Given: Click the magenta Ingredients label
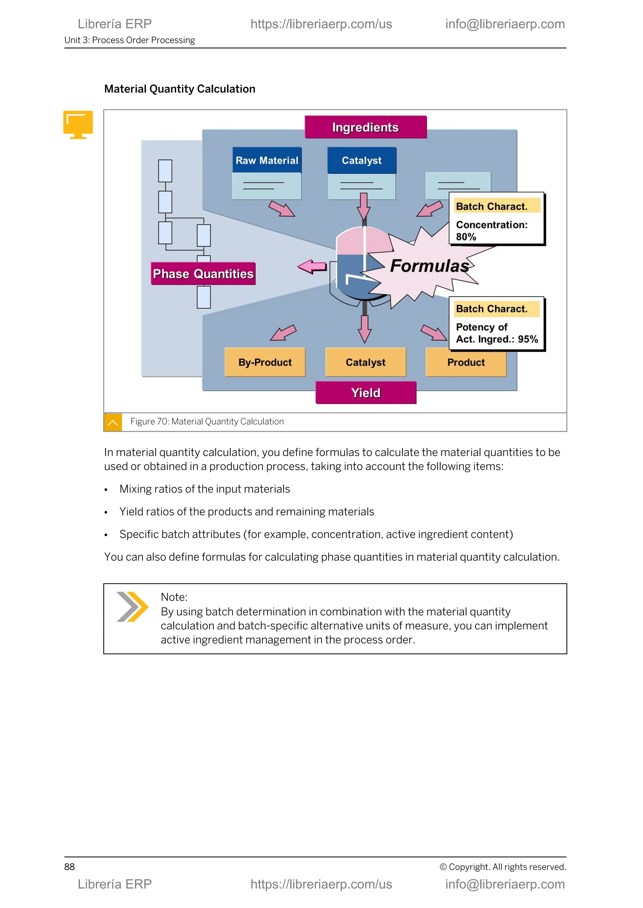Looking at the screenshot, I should coord(365,127).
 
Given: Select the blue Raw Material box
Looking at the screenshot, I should coord(267,160).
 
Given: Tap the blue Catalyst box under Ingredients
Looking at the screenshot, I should coord(361,160).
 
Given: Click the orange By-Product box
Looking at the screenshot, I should coord(265,362).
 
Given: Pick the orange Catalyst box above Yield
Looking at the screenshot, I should coord(365,362).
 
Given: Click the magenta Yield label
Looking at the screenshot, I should coord(366,393).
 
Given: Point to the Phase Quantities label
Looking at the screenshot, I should coord(203,274).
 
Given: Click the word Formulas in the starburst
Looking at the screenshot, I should coord(430,266).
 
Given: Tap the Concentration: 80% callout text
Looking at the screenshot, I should coord(491,230).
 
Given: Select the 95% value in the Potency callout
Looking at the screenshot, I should coord(528,339).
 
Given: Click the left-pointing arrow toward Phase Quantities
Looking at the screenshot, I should coord(312,267).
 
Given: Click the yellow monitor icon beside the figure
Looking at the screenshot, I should coord(78,124).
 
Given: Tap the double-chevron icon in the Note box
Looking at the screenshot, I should coord(132,607).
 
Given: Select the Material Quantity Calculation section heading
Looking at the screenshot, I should coord(180,89).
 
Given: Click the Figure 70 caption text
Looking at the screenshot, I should coord(207,422).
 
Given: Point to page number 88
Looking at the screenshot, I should coord(69,867).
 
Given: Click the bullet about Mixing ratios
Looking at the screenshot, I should coord(205,489).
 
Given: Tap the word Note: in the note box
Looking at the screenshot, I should coord(174,597).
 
